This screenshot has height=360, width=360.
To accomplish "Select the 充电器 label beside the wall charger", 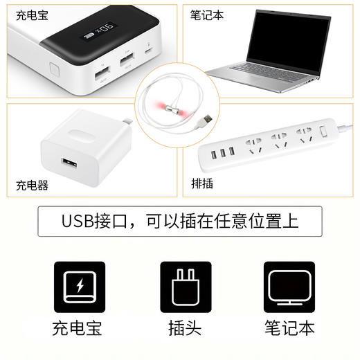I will coord(33,186).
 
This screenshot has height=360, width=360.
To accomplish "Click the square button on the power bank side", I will coord(55,68).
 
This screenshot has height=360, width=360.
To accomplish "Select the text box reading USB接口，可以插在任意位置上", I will coord(179,222).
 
